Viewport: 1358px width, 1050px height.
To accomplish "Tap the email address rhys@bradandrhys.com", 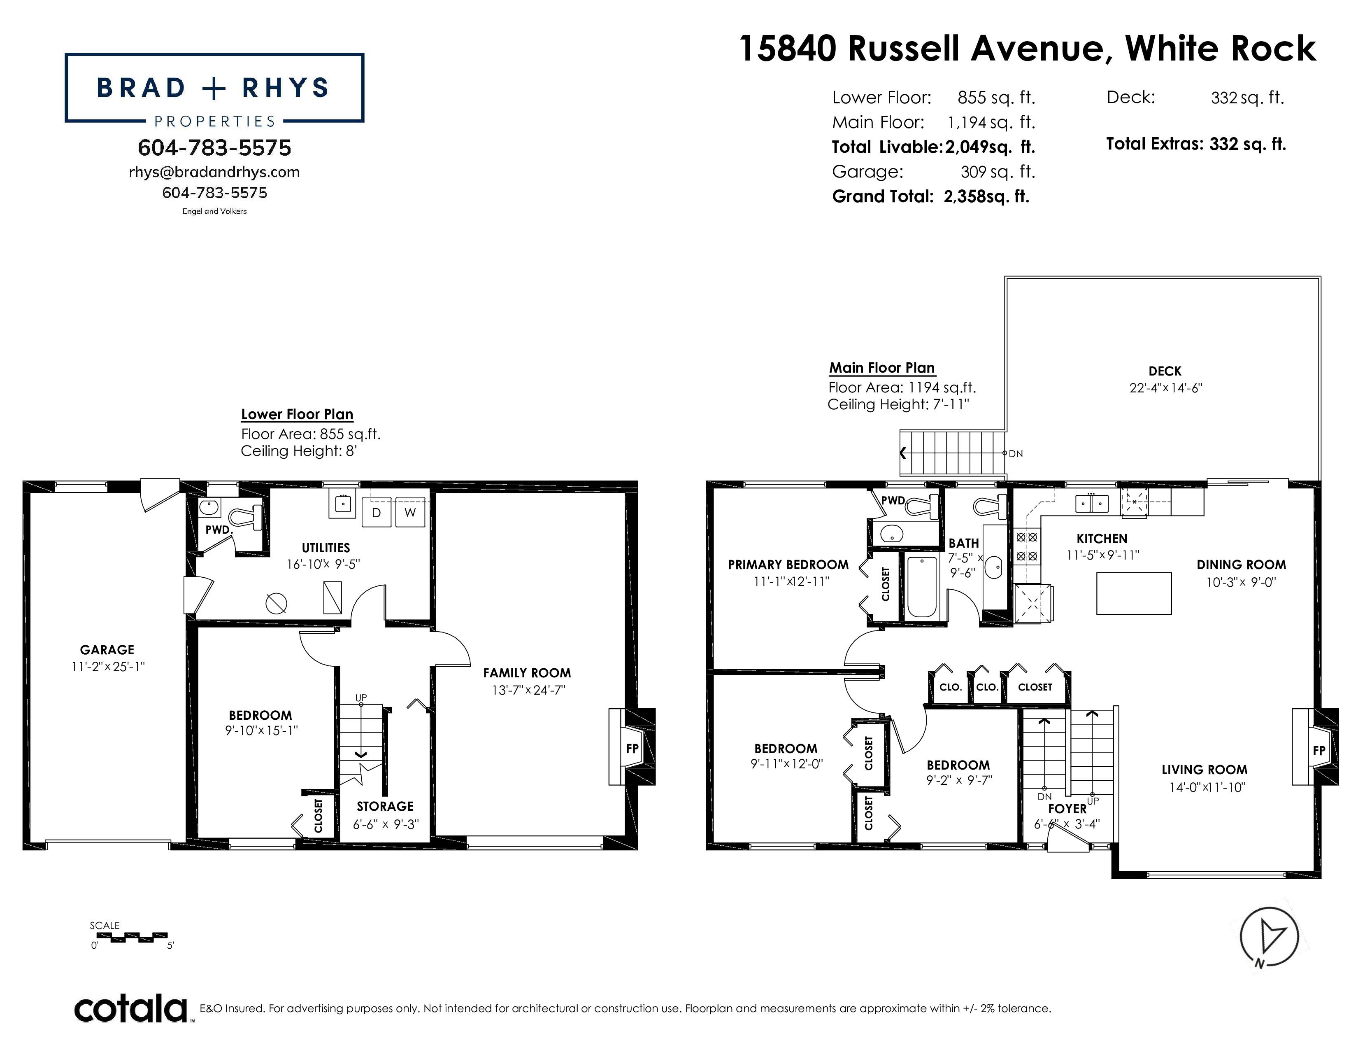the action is (x=214, y=172).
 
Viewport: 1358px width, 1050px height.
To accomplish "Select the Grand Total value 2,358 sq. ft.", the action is (x=986, y=196).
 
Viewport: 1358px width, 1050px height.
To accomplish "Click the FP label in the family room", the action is (x=632, y=748).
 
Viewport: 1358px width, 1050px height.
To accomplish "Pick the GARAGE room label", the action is (x=107, y=650).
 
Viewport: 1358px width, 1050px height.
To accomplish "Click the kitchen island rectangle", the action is (x=1134, y=593).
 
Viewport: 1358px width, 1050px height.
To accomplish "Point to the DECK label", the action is (x=1165, y=371).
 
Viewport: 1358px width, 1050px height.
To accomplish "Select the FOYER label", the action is (x=1067, y=809).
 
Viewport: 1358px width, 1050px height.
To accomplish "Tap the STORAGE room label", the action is (x=385, y=806).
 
